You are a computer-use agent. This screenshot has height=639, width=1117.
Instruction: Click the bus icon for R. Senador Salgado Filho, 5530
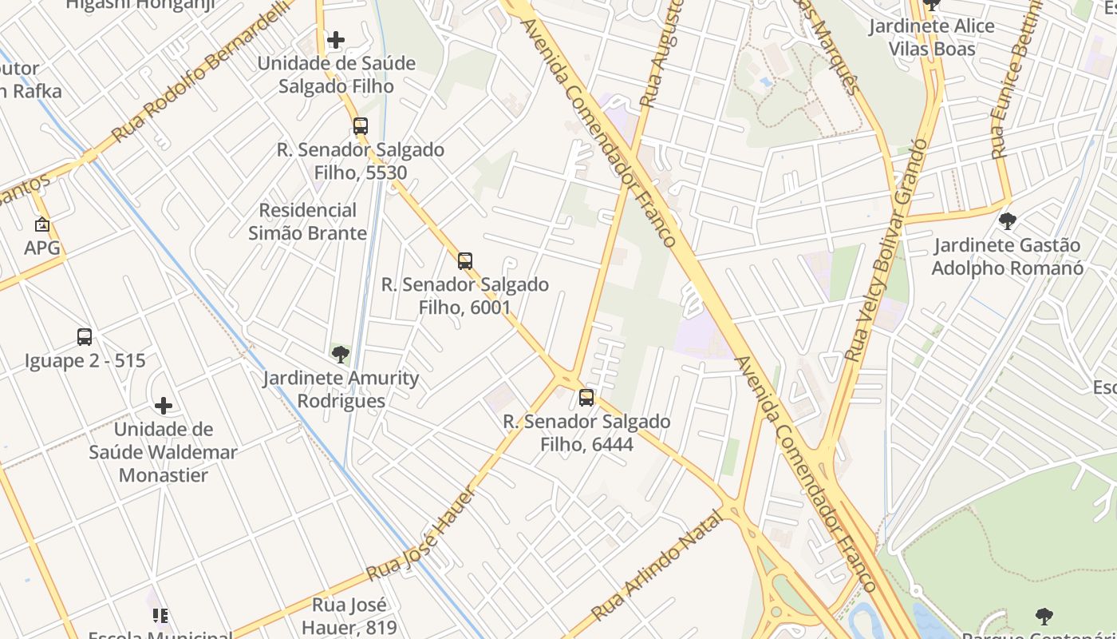tap(361, 125)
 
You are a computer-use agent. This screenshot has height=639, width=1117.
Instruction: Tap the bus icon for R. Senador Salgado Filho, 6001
tap(465, 260)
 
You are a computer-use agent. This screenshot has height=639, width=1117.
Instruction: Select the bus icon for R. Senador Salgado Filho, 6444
tap(586, 397)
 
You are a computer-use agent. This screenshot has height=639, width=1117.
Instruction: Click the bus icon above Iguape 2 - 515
tap(85, 336)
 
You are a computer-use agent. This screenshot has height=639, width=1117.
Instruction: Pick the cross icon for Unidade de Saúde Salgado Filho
tap(336, 39)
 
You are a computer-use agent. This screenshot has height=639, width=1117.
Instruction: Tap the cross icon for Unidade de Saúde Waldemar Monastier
tap(164, 406)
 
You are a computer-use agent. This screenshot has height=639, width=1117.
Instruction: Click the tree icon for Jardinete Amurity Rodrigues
tap(341, 354)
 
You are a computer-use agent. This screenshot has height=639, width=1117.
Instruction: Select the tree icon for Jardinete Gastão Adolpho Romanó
tap(1008, 220)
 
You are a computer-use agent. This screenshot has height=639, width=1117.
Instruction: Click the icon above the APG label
tap(42, 224)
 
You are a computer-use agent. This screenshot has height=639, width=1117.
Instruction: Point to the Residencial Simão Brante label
tap(307, 221)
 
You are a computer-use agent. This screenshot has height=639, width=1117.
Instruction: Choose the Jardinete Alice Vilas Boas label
tap(932, 38)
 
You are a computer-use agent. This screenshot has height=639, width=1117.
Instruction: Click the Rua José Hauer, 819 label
tap(349, 615)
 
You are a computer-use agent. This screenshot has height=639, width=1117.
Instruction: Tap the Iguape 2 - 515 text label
tap(85, 360)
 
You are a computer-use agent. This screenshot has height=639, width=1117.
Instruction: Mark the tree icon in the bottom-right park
tap(1044, 616)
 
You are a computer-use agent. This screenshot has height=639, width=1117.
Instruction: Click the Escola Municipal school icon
tap(160, 615)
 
